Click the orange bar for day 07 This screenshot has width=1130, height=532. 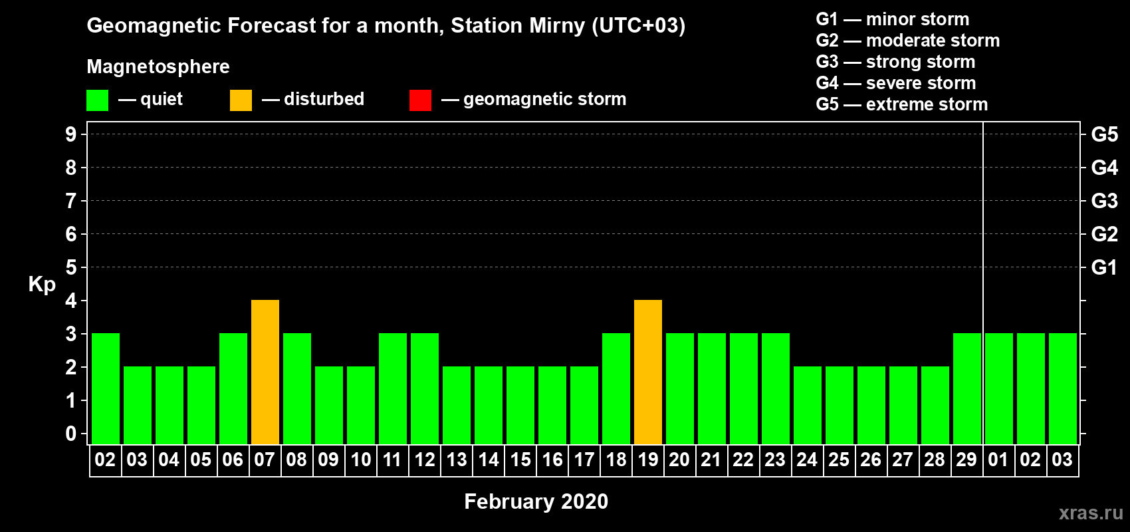tap(265, 372)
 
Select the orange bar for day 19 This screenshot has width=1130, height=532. tap(647, 372)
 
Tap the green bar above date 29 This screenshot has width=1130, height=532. tap(967, 388)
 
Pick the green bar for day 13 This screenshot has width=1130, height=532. tap(457, 405)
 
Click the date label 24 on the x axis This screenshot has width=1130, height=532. tap(807, 460)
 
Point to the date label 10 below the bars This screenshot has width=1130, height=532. tap(361, 460)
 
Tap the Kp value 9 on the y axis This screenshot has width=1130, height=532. tap(70, 134)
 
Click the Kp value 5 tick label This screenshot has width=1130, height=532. tap(70, 267)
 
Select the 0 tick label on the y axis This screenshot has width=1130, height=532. tap(70, 434)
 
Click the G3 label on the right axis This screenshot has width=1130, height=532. tap(1104, 201)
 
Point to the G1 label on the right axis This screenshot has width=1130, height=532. tap(1104, 267)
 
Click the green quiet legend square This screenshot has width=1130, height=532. tap(97, 100)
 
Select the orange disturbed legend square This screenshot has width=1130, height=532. tap(241, 100)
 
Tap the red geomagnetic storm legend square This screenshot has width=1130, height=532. tap(420, 100)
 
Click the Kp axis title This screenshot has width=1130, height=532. tap(42, 285)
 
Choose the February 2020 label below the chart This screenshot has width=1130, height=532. tap(536, 501)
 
